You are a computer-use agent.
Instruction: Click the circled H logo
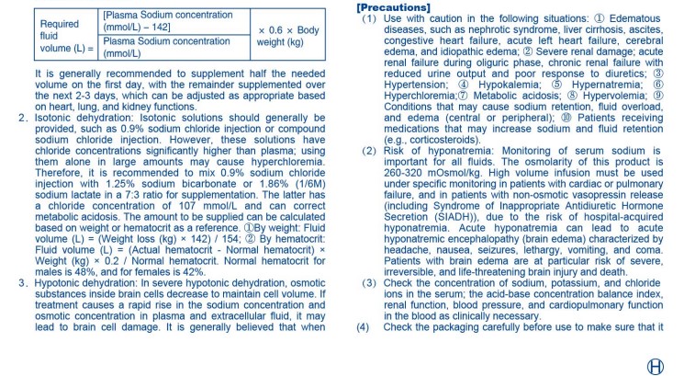pos(656,365)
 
